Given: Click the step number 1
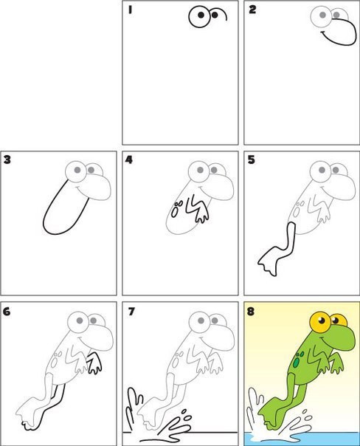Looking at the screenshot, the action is click(130, 10).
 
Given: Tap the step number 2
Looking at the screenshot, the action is click(252, 10).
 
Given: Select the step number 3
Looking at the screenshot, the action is click(7, 159).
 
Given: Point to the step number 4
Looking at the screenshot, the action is click(129, 159).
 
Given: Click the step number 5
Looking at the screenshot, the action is click(251, 159).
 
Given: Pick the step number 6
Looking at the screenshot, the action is click(7, 312).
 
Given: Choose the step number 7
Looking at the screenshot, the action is click(131, 312).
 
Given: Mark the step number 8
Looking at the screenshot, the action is click(251, 312).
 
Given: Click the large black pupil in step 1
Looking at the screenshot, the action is click(201, 15).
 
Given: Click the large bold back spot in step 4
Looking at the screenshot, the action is click(174, 212).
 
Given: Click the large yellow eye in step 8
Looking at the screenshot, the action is click(320, 322).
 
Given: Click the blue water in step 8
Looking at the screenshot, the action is click(301, 439).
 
